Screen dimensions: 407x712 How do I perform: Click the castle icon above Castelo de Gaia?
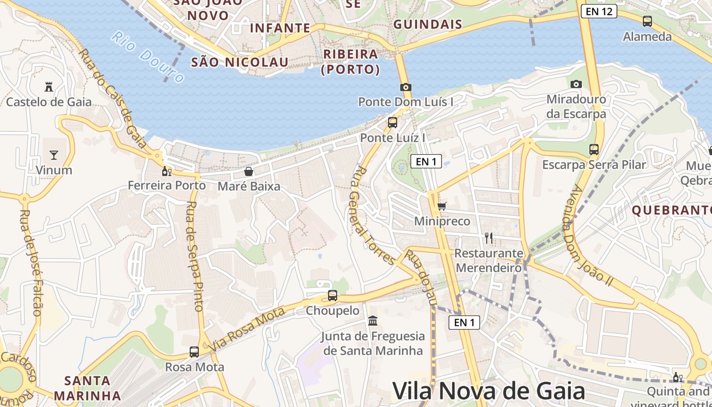(49, 87)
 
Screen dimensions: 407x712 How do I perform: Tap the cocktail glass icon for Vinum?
(54, 155)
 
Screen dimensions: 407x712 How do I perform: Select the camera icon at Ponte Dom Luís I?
(405, 87)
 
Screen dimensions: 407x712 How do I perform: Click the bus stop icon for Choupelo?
(332, 295)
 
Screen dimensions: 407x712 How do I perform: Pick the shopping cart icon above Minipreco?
(441, 206)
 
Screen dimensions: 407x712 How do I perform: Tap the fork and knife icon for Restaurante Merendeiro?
(489, 238)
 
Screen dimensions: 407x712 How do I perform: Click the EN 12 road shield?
(599, 11)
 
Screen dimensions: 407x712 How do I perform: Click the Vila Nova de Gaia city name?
(489, 391)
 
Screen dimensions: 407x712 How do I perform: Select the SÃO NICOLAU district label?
(240, 63)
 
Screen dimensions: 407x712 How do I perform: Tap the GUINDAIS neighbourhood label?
(428, 24)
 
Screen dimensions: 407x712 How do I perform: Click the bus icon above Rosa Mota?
(194, 352)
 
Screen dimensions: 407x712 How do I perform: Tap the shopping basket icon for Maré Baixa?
(249, 171)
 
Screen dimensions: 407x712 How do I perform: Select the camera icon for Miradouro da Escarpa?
(576, 84)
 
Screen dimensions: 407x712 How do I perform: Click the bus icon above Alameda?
(647, 21)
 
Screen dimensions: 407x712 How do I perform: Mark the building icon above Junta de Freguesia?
(373, 321)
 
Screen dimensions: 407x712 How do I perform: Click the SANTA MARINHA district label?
(87, 388)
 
